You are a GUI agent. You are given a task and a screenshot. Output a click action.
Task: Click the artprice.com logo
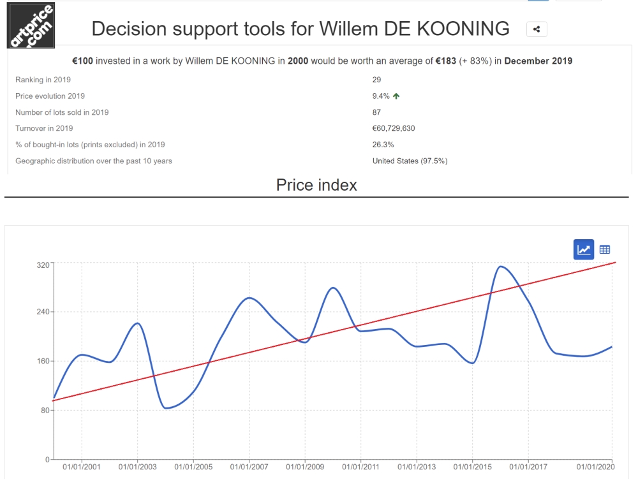coord(31,26)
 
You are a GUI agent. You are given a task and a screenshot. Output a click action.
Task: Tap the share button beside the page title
coord(537,29)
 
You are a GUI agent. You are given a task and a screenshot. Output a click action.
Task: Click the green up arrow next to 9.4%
coord(397,96)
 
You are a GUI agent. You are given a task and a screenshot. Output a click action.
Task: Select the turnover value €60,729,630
coord(394,128)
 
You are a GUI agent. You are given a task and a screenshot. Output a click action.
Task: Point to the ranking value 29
coord(376,80)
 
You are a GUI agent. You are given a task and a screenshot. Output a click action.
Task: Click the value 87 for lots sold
coord(376,112)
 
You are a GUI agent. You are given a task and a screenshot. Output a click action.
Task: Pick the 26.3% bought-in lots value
coord(383,144)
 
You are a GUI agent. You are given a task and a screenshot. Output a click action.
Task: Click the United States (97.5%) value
coord(410,161)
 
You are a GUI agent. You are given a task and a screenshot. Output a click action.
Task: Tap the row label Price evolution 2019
coord(50,96)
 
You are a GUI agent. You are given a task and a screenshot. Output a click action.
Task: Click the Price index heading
coord(316,185)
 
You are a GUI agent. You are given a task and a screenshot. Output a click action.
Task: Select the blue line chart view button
coord(584,249)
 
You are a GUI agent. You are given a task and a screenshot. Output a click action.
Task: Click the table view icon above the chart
coord(605,249)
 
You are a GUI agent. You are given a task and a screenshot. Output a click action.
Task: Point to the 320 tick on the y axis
coord(42,263)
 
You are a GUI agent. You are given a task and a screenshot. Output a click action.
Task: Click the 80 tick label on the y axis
coord(44,410)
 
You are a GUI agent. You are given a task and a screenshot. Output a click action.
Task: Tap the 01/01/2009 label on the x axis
coord(305,467)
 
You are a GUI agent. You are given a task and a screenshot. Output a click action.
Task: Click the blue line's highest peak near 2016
coord(501,267)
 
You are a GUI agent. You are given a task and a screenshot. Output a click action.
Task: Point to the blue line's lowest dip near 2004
coord(167,407)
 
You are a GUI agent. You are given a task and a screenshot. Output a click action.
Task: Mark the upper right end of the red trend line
coord(614,263)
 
